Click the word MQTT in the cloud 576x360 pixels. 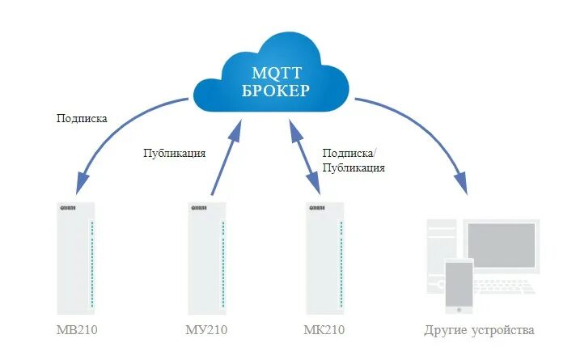275,70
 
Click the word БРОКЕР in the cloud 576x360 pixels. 275,90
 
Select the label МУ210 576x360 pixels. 206,330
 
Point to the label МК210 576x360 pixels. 324,330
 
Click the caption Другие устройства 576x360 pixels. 479,330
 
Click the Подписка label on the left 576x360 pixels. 82,118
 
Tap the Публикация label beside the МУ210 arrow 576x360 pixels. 175,153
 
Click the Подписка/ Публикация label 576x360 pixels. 353,160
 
